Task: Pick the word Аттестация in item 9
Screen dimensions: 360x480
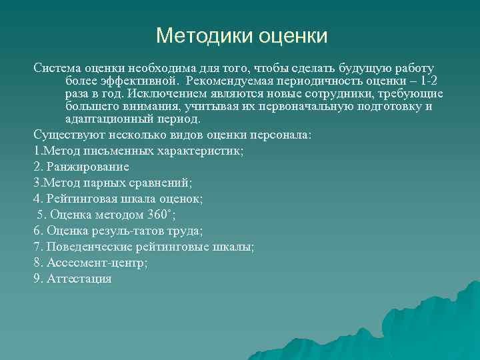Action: [79, 279]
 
